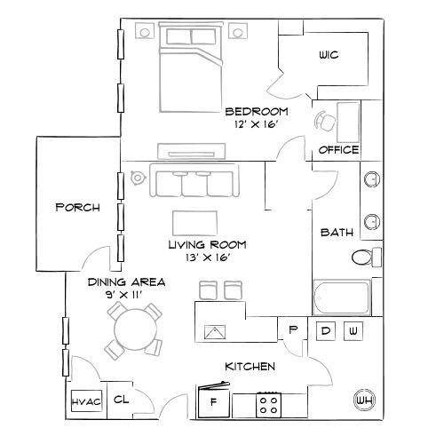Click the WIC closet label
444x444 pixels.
click(329, 55)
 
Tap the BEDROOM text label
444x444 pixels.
click(258, 111)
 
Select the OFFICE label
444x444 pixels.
click(338, 149)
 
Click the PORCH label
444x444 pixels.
click(76, 208)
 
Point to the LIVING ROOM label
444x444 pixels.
click(208, 244)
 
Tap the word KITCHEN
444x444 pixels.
click(250, 366)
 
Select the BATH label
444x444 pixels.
click(337, 233)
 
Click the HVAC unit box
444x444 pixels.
click(86, 401)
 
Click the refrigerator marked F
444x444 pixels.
click(213, 401)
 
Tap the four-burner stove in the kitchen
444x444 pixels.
click(269, 404)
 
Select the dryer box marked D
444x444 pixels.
click(326, 331)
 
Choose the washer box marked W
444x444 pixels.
click(353, 331)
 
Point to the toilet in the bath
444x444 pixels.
click(364, 258)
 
